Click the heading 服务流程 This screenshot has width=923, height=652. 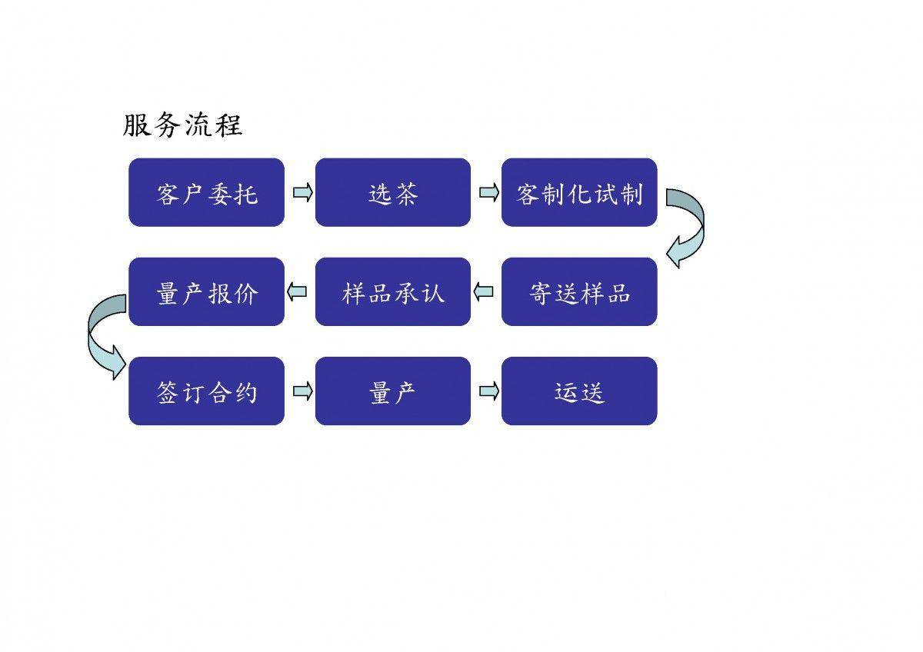pyautogui.click(x=182, y=125)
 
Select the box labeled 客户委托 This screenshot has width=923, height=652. pyautogui.click(x=206, y=192)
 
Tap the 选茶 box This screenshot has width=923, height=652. pyautogui.click(x=393, y=192)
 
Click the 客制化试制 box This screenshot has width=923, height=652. pyautogui.click(x=579, y=192)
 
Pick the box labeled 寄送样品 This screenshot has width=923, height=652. pyautogui.click(x=579, y=291)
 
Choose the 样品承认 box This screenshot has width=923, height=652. pyautogui.click(x=393, y=291)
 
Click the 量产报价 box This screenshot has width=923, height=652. pyautogui.click(x=206, y=291)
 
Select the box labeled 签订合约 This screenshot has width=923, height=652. pyautogui.click(x=206, y=391)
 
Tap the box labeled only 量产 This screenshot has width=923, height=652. pyautogui.click(x=393, y=391)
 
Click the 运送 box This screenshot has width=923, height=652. pyautogui.click(x=579, y=391)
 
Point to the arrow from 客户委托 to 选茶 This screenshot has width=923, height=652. pyautogui.click(x=303, y=192)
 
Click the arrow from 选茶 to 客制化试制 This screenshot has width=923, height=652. pyautogui.click(x=489, y=192)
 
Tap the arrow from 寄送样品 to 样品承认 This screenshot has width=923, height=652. pyautogui.click(x=483, y=291)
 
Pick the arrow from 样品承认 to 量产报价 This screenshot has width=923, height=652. pyautogui.click(x=297, y=291)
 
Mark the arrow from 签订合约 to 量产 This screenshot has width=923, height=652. pyautogui.click(x=303, y=391)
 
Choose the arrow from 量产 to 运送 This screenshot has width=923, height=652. pyautogui.click(x=489, y=391)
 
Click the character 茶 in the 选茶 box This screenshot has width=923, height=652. pyautogui.click(x=406, y=194)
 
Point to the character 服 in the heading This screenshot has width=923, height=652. pyautogui.click(x=136, y=125)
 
